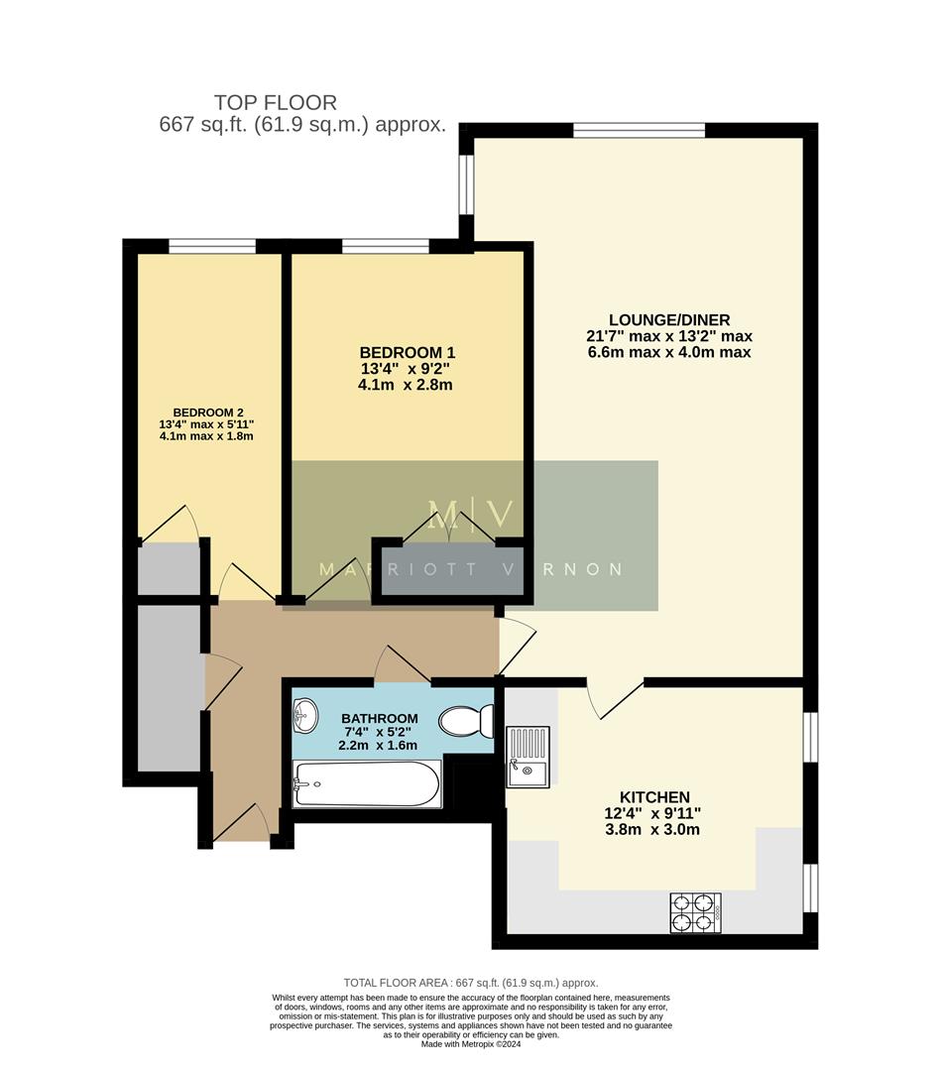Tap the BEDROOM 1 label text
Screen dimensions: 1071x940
[x=407, y=353]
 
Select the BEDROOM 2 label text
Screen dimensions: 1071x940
[x=207, y=413]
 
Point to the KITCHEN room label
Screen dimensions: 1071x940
[x=653, y=797]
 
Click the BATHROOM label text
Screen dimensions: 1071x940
[x=379, y=719]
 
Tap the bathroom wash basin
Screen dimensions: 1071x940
[x=306, y=712]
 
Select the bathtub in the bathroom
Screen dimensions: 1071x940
[x=367, y=784]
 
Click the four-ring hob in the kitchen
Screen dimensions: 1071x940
[x=695, y=912]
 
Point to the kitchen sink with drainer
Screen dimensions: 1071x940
[x=528, y=755]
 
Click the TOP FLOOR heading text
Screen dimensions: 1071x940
[x=276, y=102]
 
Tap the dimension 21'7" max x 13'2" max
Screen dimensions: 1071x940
[x=668, y=336]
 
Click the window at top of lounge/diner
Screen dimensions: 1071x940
[x=639, y=130]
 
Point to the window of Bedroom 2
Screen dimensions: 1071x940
[x=211, y=246]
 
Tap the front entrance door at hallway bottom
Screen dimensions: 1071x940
[x=242, y=823]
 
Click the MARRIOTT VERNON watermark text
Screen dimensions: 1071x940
[x=470, y=569]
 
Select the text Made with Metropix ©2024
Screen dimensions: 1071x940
[x=471, y=1044]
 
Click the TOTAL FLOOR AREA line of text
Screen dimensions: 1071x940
[x=471, y=983]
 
